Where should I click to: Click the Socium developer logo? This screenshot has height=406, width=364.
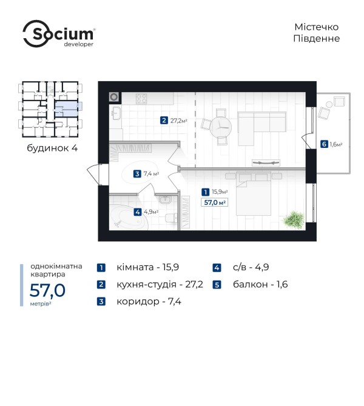(59, 34)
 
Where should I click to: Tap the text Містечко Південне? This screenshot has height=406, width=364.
(316, 33)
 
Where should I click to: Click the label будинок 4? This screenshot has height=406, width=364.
(52, 148)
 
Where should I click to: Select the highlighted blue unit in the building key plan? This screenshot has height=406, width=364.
(67, 108)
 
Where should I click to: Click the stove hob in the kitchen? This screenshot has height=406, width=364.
(141, 99)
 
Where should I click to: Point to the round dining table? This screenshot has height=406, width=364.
(220, 127)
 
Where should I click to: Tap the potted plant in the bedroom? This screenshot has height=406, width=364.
(294, 220)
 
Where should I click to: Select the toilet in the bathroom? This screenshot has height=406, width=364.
(171, 218)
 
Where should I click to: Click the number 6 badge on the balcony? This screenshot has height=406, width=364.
(324, 144)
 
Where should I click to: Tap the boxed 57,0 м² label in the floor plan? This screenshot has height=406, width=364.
(214, 202)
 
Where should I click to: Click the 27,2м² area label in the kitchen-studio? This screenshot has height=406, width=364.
(178, 121)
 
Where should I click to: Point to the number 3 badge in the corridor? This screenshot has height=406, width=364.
(137, 174)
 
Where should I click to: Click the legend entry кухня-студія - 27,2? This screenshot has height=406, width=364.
(160, 284)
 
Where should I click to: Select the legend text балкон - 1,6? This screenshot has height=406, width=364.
(260, 284)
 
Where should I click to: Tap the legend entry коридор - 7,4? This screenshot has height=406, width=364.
(149, 301)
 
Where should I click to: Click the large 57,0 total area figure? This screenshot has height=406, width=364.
(47, 290)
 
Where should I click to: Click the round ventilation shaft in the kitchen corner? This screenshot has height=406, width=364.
(114, 97)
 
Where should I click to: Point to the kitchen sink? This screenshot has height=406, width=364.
(116, 113)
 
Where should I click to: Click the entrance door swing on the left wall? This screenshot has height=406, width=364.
(93, 175)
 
